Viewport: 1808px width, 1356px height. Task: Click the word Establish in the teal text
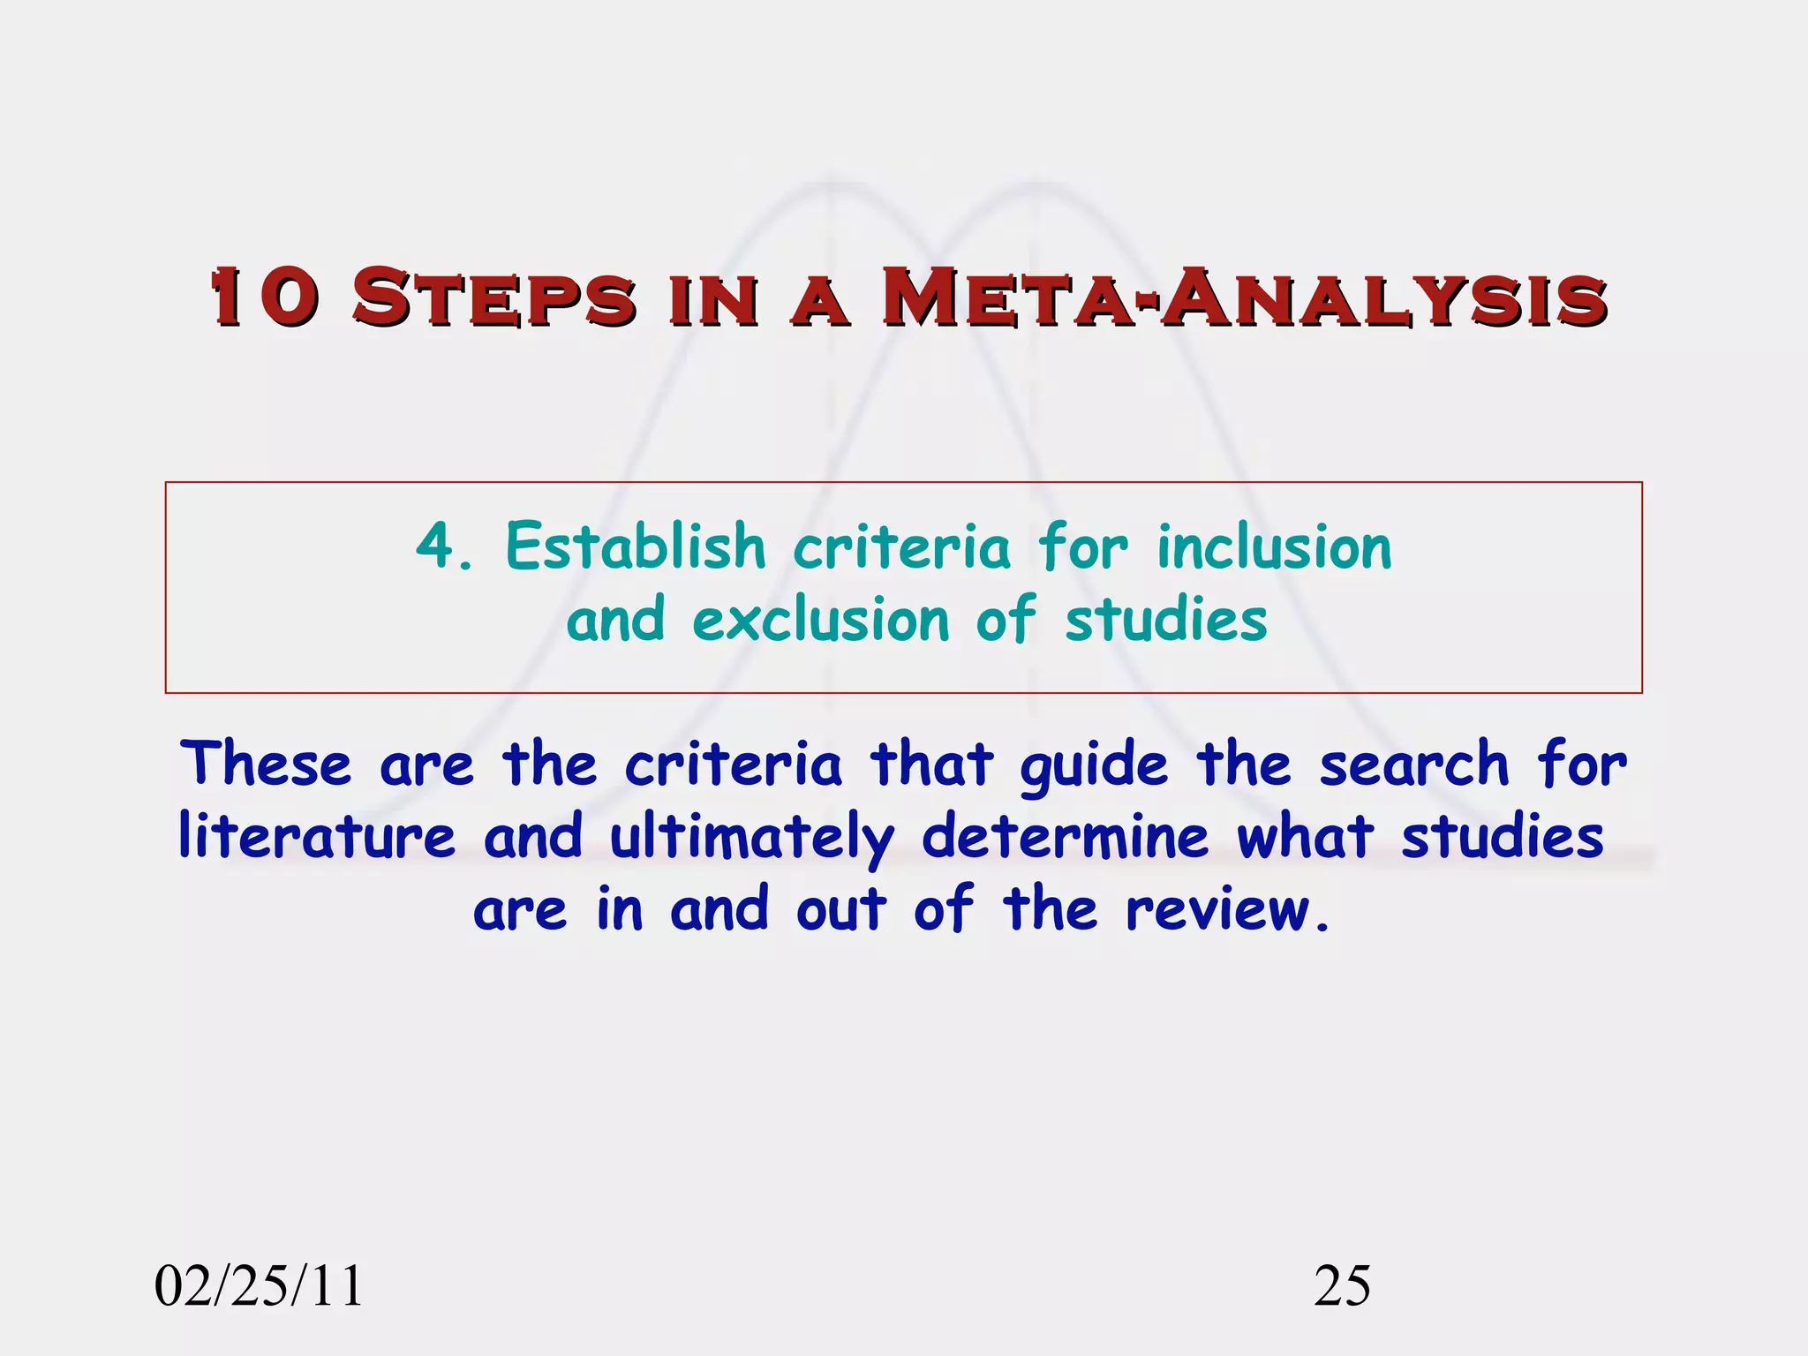tap(635, 546)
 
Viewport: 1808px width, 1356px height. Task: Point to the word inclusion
tap(1274, 546)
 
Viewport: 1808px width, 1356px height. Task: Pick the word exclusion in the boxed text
tap(821, 620)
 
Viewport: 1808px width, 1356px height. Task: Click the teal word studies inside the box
tap(1165, 620)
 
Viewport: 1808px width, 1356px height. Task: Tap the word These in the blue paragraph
tap(265, 764)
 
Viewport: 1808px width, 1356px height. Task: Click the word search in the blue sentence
tap(1414, 764)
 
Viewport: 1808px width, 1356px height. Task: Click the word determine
tap(1065, 836)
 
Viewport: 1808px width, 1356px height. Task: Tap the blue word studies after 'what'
tap(1503, 836)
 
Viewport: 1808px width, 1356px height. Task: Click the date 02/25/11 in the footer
tap(259, 1286)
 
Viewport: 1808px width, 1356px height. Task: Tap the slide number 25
tap(1342, 1286)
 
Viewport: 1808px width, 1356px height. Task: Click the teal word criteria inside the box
tap(901, 546)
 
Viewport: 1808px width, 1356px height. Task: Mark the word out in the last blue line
tap(840, 909)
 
